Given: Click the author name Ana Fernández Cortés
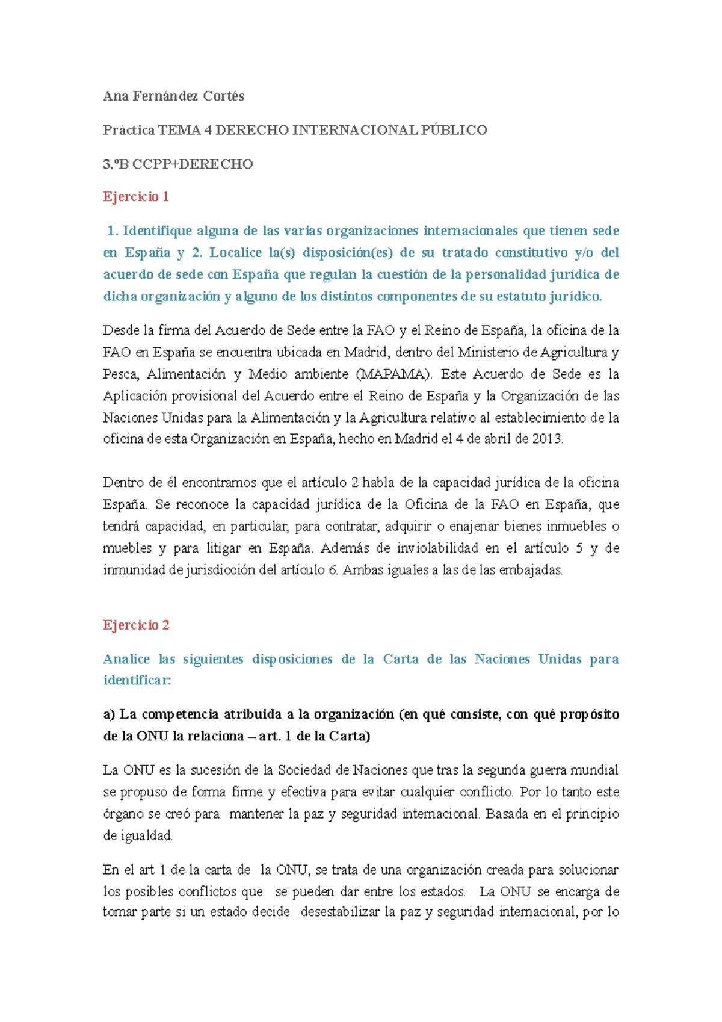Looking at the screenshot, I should click(173, 96).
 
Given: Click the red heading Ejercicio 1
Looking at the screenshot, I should click(136, 197).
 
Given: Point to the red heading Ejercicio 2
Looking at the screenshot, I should click(136, 625).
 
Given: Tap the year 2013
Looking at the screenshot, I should click(547, 439).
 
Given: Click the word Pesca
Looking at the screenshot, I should click(120, 374).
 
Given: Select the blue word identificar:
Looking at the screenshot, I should click(137, 681).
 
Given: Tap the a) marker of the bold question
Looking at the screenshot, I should click(109, 714).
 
